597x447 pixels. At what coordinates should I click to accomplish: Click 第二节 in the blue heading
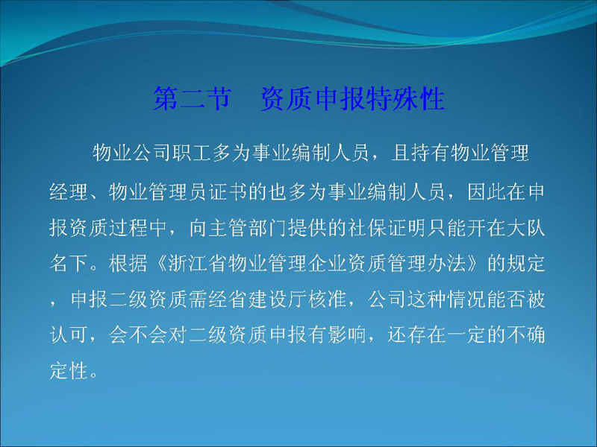tap(192, 98)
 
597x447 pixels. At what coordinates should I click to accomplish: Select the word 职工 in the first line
tap(192, 153)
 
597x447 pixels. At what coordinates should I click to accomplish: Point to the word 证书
tap(228, 191)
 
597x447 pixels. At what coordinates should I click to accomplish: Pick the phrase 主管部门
tap(249, 227)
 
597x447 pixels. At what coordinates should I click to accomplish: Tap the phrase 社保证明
tap(387, 227)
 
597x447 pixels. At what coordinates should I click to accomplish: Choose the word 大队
tap(525, 227)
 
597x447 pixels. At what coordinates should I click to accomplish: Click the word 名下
tap(69, 263)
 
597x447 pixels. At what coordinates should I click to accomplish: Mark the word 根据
tap(128, 263)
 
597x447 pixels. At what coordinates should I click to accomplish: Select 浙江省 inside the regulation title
tap(198, 263)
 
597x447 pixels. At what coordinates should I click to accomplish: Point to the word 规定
tap(525, 263)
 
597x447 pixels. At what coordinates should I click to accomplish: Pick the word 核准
tap(328, 299)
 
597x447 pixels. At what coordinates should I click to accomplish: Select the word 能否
tap(506, 299)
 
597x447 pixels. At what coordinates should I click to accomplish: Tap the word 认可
tap(69, 335)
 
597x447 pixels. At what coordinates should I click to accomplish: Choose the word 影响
tap(347, 335)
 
